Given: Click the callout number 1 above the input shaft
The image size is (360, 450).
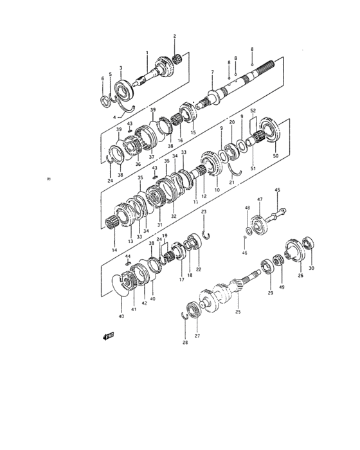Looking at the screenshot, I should [x=147, y=52].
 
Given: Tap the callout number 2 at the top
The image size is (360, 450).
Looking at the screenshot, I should [x=174, y=37].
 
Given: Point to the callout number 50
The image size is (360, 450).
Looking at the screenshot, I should [x=275, y=156].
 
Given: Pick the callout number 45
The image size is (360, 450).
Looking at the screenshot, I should [x=278, y=190].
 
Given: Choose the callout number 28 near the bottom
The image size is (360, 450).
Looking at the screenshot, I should [x=184, y=343].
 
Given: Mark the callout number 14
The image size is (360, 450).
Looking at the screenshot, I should [x=114, y=249].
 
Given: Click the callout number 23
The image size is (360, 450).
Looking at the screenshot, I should [x=203, y=212].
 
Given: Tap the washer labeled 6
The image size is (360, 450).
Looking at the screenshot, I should [x=105, y=99].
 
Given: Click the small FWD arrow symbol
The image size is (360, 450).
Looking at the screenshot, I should [x=107, y=335].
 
